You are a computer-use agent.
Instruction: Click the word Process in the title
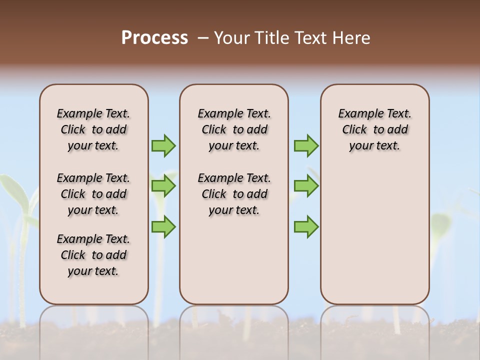click(154, 38)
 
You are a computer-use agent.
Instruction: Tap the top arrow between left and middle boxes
click(163, 145)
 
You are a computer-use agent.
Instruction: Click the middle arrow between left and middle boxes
click(163, 186)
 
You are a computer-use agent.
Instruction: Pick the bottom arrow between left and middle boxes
click(163, 226)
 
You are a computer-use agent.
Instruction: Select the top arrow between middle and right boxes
click(306, 145)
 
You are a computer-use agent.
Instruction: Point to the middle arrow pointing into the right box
click(306, 186)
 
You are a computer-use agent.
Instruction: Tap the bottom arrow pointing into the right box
click(306, 226)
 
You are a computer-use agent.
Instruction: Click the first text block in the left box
click(93, 129)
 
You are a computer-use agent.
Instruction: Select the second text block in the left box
click(93, 194)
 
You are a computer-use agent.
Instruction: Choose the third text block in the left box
click(93, 255)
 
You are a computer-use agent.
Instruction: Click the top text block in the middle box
click(234, 129)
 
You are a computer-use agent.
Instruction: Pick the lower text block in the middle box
click(234, 194)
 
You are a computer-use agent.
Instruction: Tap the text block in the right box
click(374, 129)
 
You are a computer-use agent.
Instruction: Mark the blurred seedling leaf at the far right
click(441, 222)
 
